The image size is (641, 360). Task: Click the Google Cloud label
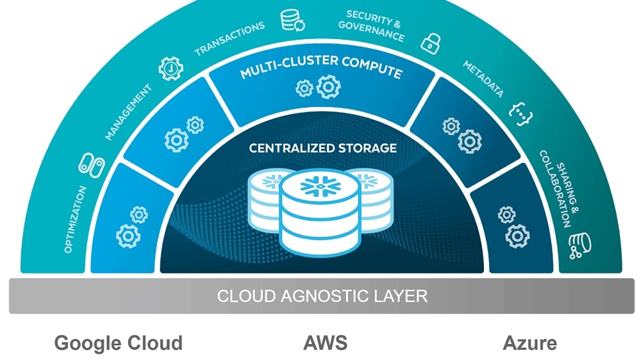118,343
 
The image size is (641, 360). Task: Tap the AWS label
325,343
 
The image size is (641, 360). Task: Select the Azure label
529,343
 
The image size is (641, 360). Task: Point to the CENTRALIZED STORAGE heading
322,148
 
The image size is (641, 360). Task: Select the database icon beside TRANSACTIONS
293,20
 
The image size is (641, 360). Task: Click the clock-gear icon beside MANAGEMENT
171,68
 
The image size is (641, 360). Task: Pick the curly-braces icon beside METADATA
520,112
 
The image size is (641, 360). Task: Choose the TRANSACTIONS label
229,38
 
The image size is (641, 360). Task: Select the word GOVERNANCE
372,30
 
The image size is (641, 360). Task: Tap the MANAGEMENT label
129,111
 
